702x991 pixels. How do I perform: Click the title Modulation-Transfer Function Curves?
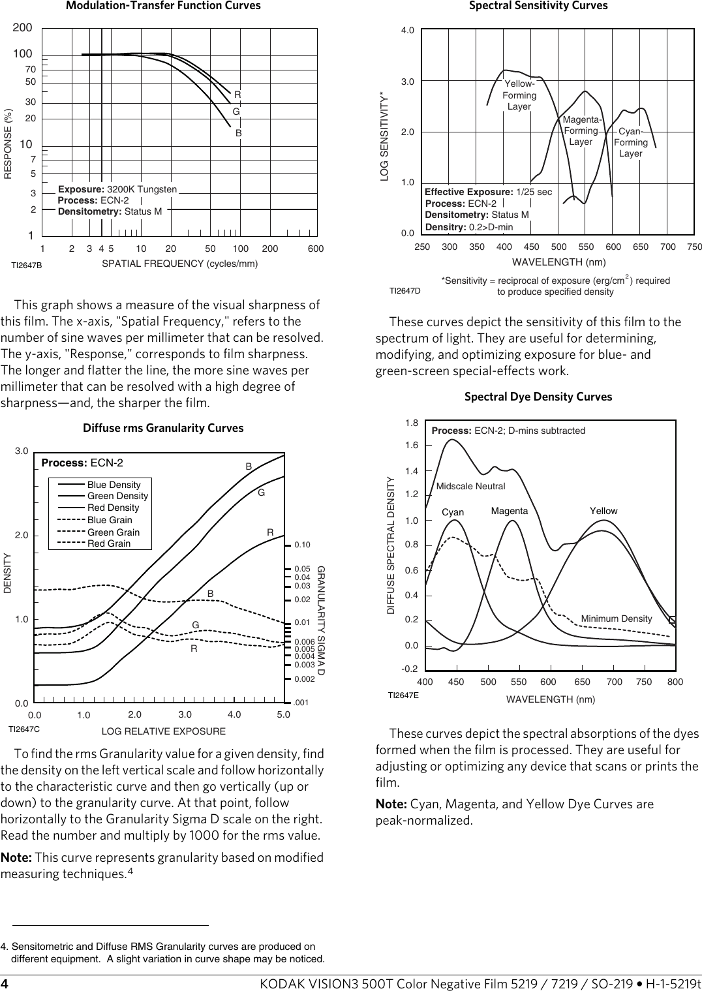click(x=163, y=6)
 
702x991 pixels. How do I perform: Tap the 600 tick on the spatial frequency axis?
click(x=316, y=249)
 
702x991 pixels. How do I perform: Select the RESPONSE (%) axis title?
click(x=8, y=144)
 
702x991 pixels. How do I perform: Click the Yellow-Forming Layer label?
click(x=519, y=95)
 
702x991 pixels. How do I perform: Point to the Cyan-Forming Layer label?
click(x=631, y=142)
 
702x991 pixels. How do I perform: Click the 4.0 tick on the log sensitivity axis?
click(x=408, y=31)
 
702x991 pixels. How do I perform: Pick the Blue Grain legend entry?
click(x=110, y=520)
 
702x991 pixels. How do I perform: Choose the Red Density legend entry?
click(x=113, y=508)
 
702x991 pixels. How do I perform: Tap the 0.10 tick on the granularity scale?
click(x=302, y=545)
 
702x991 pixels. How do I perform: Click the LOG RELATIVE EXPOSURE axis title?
click(x=164, y=731)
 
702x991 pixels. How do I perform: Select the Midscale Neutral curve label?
click(x=470, y=486)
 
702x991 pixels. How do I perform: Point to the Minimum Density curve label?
click(x=617, y=618)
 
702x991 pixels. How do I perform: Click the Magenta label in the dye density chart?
click(x=510, y=511)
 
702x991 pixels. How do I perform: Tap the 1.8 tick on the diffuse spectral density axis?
click(x=412, y=423)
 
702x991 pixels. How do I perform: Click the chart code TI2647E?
click(x=403, y=695)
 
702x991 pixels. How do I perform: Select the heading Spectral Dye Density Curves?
click(x=538, y=397)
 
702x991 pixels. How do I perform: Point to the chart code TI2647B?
click(x=27, y=266)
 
